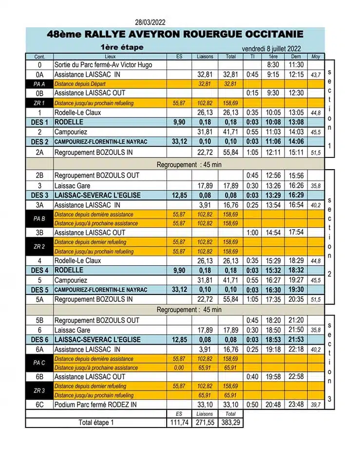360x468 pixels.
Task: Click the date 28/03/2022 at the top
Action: [x=151, y=21]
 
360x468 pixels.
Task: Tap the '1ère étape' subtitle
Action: [x=122, y=47]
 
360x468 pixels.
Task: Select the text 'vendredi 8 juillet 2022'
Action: [x=271, y=49]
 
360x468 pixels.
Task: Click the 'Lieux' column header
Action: [x=110, y=57]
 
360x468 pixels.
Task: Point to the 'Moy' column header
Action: [x=316, y=57]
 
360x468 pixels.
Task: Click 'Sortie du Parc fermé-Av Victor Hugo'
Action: [x=103, y=65]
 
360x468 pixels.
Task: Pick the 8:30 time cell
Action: [x=273, y=65]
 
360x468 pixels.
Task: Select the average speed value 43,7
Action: [x=316, y=75]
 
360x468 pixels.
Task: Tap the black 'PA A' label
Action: [x=39, y=84]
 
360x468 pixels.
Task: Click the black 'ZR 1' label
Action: [x=39, y=103]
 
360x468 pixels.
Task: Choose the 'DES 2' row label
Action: [x=39, y=142]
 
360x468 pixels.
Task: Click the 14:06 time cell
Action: [x=296, y=142]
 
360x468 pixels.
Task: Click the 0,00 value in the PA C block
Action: [x=179, y=368]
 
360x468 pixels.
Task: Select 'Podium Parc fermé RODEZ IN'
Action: [x=95, y=405]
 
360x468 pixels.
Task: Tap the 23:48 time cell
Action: [x=296, y=405]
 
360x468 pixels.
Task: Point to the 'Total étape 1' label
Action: [x=96, y=423]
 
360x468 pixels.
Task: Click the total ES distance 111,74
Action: [x=179, y=423]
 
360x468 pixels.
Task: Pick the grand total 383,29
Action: [x=230, y=423]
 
